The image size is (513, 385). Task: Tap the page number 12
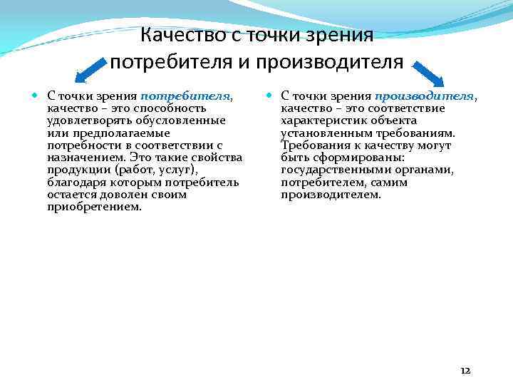(465, 371)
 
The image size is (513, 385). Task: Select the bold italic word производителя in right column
(425, 95)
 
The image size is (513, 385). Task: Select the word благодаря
(76, 182)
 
